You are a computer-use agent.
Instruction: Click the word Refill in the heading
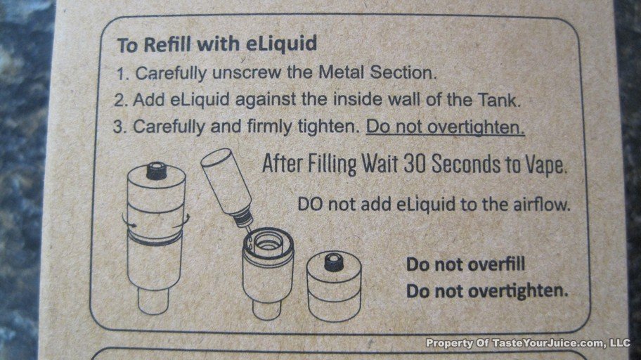coord(167,44)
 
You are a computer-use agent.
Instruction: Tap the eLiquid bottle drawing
coord(227,185)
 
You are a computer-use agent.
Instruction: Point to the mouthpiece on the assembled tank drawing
coord(156,171)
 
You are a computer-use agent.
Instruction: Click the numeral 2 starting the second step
coord(119,100)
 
